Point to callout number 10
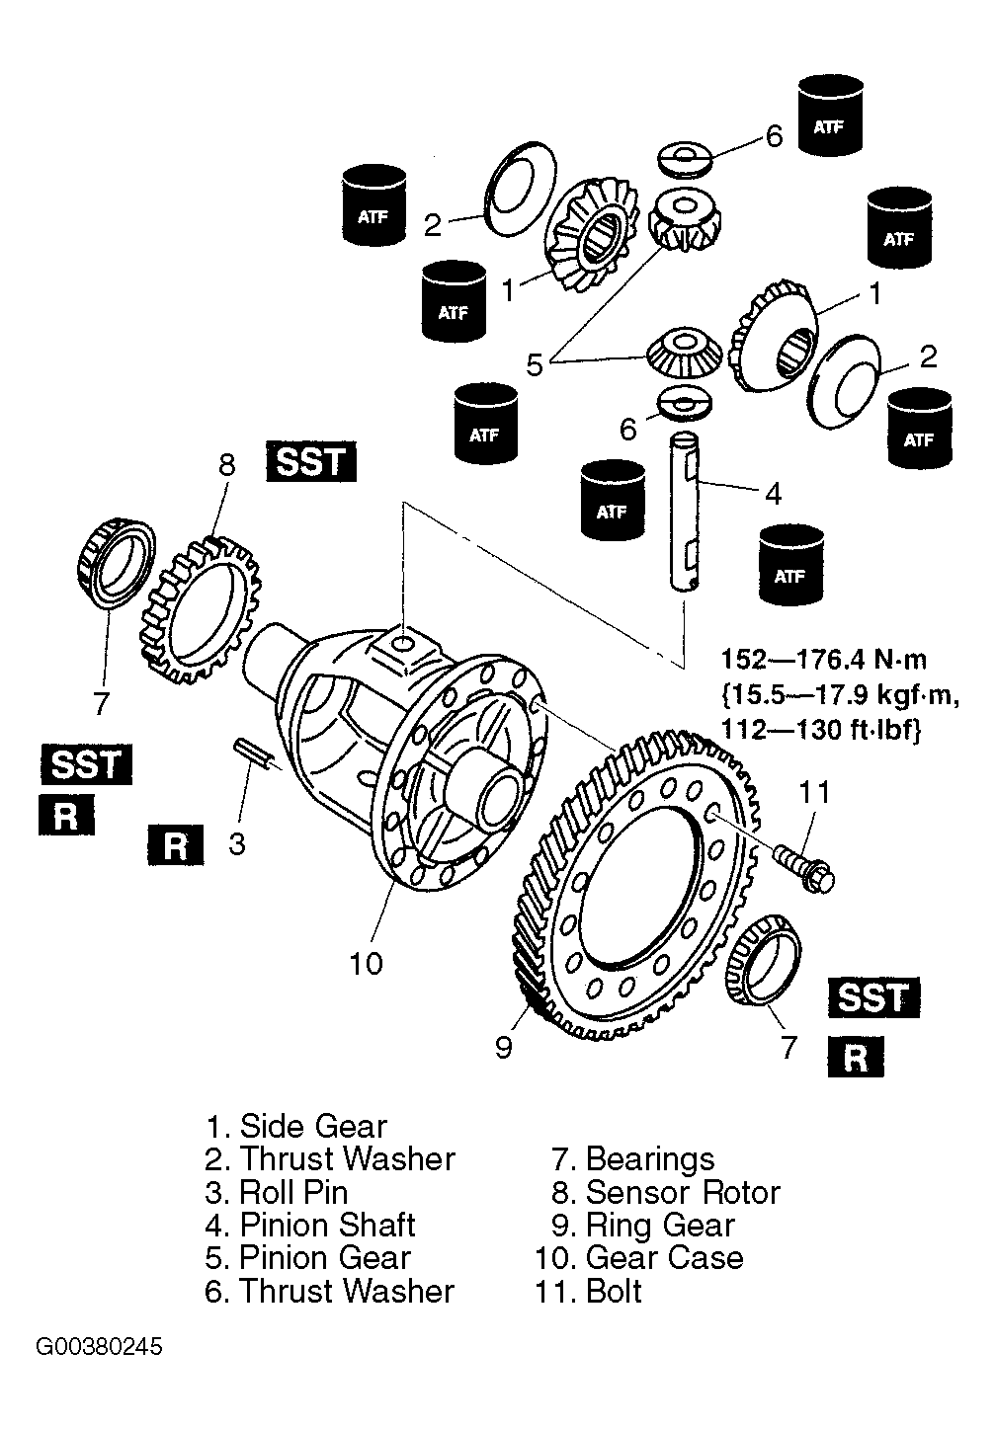366,963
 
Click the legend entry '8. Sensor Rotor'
666,1192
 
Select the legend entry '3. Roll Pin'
277,1192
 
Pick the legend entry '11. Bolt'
588,1291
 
